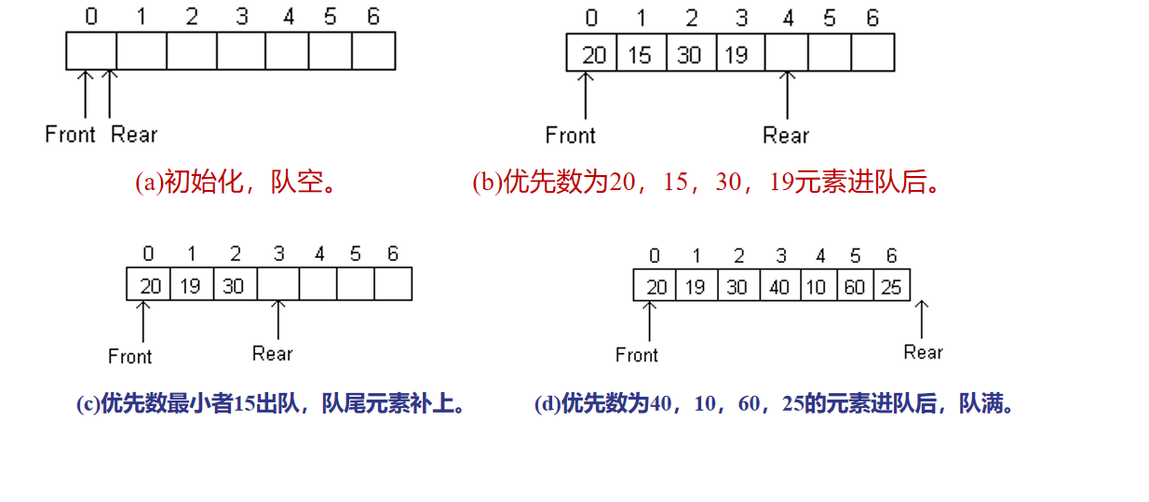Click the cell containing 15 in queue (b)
tap(640, 54)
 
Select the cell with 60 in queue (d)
tap(855, 286)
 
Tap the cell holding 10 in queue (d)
tap(817, 286)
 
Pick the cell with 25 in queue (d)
tap(891, 286)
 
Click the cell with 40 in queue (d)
tap(778, 286)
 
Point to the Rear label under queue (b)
tap(786, 135)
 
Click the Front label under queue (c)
tap(130, 356)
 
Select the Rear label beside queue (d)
tap(923, 352)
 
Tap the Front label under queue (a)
tap(71, 134)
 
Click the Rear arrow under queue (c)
tap(278, 319)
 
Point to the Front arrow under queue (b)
tap(586, 96)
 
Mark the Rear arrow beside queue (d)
tap(922, 319)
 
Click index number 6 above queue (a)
tap(373, 17)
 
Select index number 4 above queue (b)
tap(787, 18)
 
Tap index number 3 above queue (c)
tap(279, 253)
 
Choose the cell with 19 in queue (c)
tap(190, 285)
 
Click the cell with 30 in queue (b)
tap(689, 54)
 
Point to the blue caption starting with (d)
tap(775, 404)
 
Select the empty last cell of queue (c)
tap(393, 285)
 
